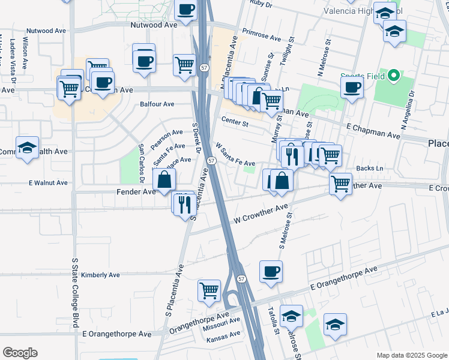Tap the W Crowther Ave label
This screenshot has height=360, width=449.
(x=261, y=214)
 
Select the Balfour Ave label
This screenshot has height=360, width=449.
(x=157, y=104)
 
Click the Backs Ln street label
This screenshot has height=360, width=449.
(x=369, y=169)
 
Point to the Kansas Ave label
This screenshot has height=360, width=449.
(x=223, y=339)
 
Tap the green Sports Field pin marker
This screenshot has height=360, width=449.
(x=394, y=76)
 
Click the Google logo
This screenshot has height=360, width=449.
(x=20, y=353)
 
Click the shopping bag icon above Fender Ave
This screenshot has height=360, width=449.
(x=164, y=179)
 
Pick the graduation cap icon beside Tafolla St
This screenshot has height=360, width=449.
(x=292, y=316)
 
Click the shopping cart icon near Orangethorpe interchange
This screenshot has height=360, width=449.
(x=209, y=290)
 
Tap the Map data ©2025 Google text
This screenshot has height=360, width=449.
(x=411, y=355)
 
